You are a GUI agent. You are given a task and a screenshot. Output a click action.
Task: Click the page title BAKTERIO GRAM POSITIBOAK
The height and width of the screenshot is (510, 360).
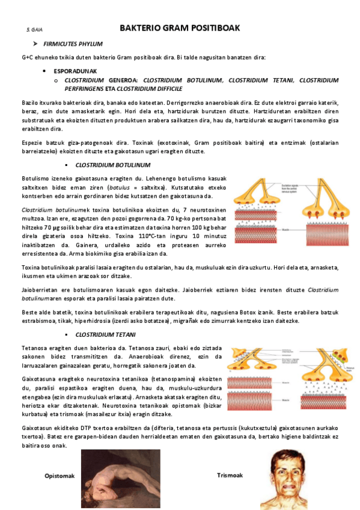coord(180,28)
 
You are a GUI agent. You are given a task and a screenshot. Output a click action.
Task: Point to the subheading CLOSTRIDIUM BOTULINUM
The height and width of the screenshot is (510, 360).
coord(113,165)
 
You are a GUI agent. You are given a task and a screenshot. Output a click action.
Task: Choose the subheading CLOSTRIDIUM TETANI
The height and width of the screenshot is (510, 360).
coord(106,334)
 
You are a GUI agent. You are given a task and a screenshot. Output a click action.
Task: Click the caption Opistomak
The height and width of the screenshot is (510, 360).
coord(59,476)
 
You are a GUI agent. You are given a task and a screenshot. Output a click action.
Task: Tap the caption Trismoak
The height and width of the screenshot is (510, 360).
coord(230,475)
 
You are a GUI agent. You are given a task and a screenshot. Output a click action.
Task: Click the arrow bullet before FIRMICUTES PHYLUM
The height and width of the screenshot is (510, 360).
coord(36,44)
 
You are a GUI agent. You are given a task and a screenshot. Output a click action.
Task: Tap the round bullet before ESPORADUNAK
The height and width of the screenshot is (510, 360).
coord(46,70)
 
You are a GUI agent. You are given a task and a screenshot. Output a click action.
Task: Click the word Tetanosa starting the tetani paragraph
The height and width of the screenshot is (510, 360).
coord(34,348)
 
